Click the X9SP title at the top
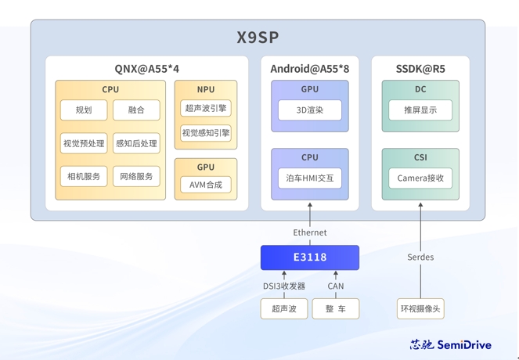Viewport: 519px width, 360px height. click(x=258, y=38)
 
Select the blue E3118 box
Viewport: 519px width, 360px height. click(x=310, y=257)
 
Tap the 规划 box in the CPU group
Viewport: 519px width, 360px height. click(x=84, y=110)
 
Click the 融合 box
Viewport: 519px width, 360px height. click(x=136, y=110)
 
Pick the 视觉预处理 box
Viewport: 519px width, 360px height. click(x=84, y=143)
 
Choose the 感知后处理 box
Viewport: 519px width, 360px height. click(x=136, y=143)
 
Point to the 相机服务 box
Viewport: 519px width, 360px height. click(x=84, y=176)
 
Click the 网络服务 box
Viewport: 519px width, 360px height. click(x=136, y=176)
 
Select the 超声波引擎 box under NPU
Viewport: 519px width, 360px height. click(x=206, y=108)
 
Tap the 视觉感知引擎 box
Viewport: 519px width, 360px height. click(x=206, y=133)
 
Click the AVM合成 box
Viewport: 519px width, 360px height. click(x=206, y=185)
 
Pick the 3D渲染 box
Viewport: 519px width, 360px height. click(x=310, y=110)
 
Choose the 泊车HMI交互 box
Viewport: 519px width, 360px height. click(x=310, y=178)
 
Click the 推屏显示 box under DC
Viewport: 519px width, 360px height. click(x=420, y=110)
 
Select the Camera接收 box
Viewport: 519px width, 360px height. click(x=420, y=178)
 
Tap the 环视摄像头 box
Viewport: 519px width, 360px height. click(x=420, y=308)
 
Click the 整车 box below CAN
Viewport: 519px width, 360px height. click(x=336, y=308)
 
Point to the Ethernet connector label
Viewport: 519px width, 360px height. click(x=310, y=232)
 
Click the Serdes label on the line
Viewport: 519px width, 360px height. click(x=420, y=257)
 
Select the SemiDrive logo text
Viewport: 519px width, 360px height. click(x=464, y=345)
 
